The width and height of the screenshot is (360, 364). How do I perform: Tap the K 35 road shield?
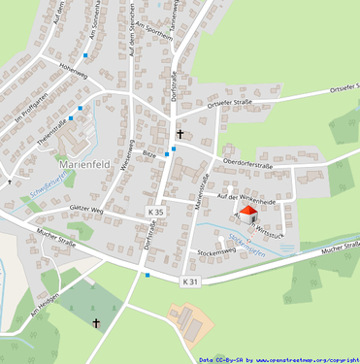155,211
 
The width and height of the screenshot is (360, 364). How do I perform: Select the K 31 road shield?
190,281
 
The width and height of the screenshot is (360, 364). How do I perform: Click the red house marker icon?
247,213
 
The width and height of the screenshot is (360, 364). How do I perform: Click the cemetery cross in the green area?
96,322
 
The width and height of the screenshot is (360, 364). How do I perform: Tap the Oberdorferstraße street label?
247,165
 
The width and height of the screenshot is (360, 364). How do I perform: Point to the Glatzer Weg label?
85,209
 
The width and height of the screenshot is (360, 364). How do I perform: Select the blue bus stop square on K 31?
147,276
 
